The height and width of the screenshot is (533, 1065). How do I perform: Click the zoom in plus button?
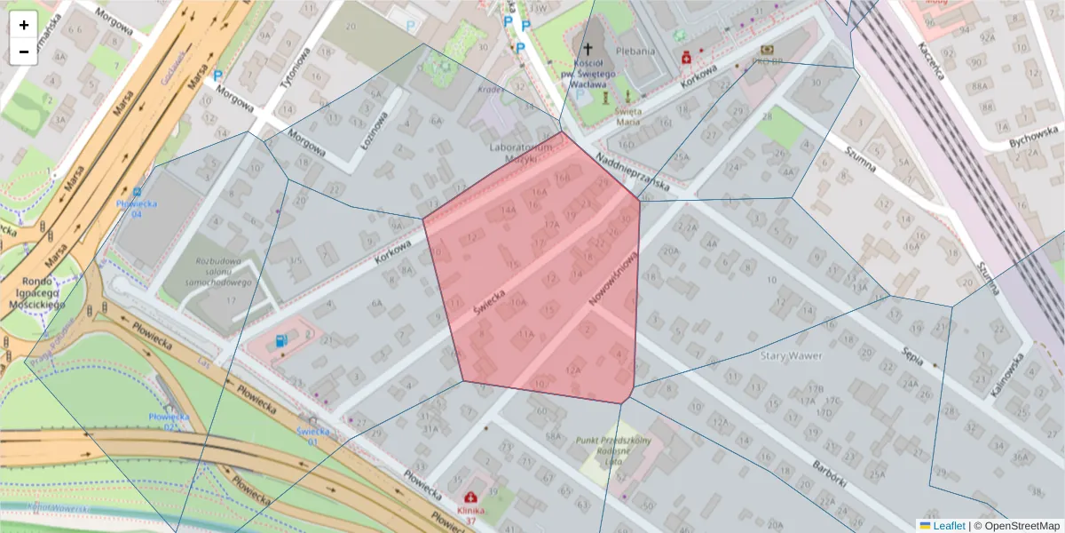(23, 25)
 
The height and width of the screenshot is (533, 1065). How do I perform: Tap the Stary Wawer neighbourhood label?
(792, 356)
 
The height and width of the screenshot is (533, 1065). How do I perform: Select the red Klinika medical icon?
(469, 497)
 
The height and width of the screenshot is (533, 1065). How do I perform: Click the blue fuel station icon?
(281, 339)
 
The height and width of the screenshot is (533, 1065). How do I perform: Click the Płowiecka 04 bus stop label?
(136, 208)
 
